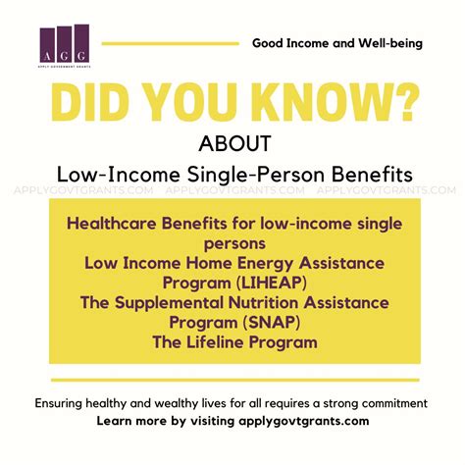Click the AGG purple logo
tap(65, 45)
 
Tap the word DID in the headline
tap(89, 103)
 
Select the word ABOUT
tap(234, 143)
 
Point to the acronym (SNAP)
tap(272, 323)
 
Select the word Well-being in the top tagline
tap(390, 43)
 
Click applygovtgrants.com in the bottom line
tap(304, 421)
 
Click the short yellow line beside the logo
tap(171, 43)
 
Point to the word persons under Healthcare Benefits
tap(234, 244)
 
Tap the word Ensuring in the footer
tap(59, 403)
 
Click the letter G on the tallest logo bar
tap(81, 56)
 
